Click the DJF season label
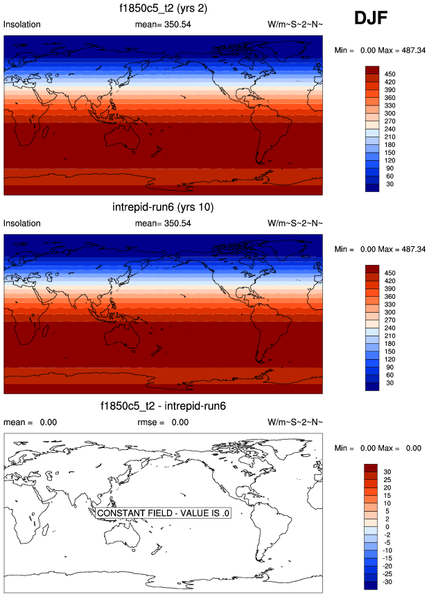375,19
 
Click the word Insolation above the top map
22,24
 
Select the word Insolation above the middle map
22,223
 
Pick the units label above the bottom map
295,422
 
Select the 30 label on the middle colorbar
389,381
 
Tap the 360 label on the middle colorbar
389,296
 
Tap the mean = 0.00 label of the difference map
30,422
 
